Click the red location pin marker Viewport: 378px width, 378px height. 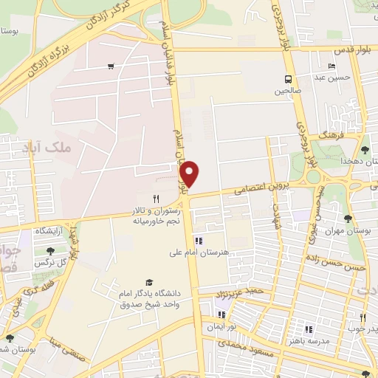tap(190, 173)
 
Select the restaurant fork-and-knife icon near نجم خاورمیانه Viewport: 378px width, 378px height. tap(156, 199)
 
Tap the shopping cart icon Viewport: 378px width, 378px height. tap(111, 66)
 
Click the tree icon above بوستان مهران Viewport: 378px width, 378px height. tap(347, 219)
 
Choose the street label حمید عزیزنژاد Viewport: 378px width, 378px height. tap(244, 294)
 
